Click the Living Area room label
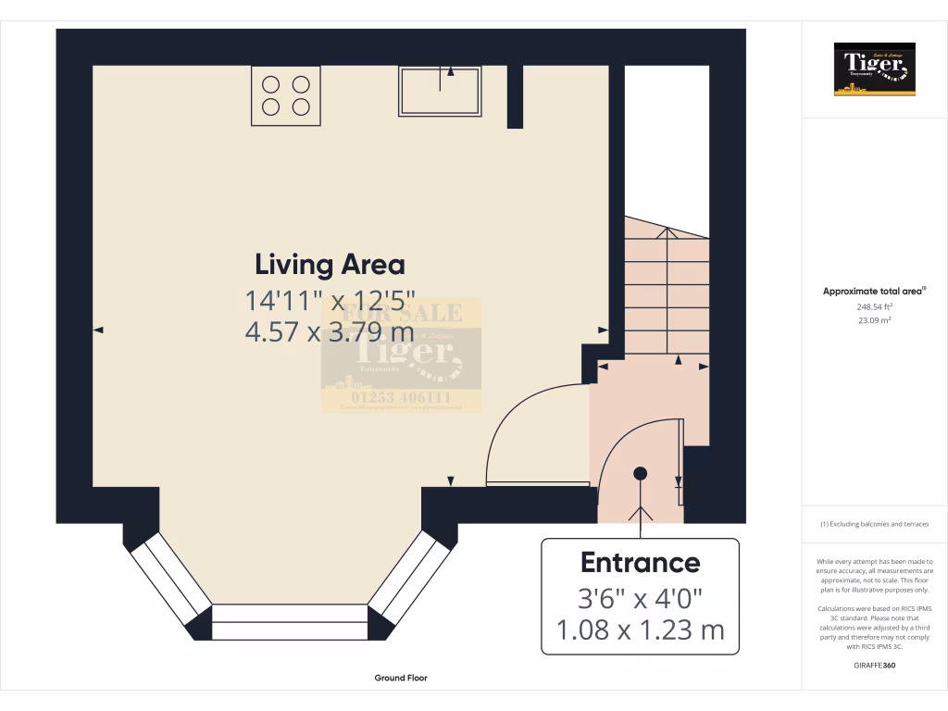pyautogui.click(x=330, y=265)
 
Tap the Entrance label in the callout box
pyautogui.click(x=640, y=562)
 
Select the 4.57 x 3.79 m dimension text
pyautogui.click(x=329, y=331)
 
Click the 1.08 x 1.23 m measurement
pyautogui.click(x=640, y=630)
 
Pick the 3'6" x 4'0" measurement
pyautogui.click(x=640, y=597)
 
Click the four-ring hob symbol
pyautogui.click(x=286, y=95)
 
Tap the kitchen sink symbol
pyautogui.click(x=440, y=92)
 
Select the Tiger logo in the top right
pyautogui.click(x=874, y=69)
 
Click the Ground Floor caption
pyautogui.click(x=401, y=678)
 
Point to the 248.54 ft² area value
pyautogui.click(x=874, y=306)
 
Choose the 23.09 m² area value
pyautogui.click(x=874, y=320)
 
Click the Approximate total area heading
pyautogui.click(x=874, y=291)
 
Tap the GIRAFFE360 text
pyautogui.click(x=874, y=665)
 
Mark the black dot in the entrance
pyautogui.click(x=640, y=473)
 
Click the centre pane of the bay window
pyautogui.click(x=290, y=622)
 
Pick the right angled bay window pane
pyautogui.click(x=409, y=579)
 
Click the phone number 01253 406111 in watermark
pyautogui.click(x=401, y=398)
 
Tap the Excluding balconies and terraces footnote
pyautogui.click(x=874, y=524)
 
